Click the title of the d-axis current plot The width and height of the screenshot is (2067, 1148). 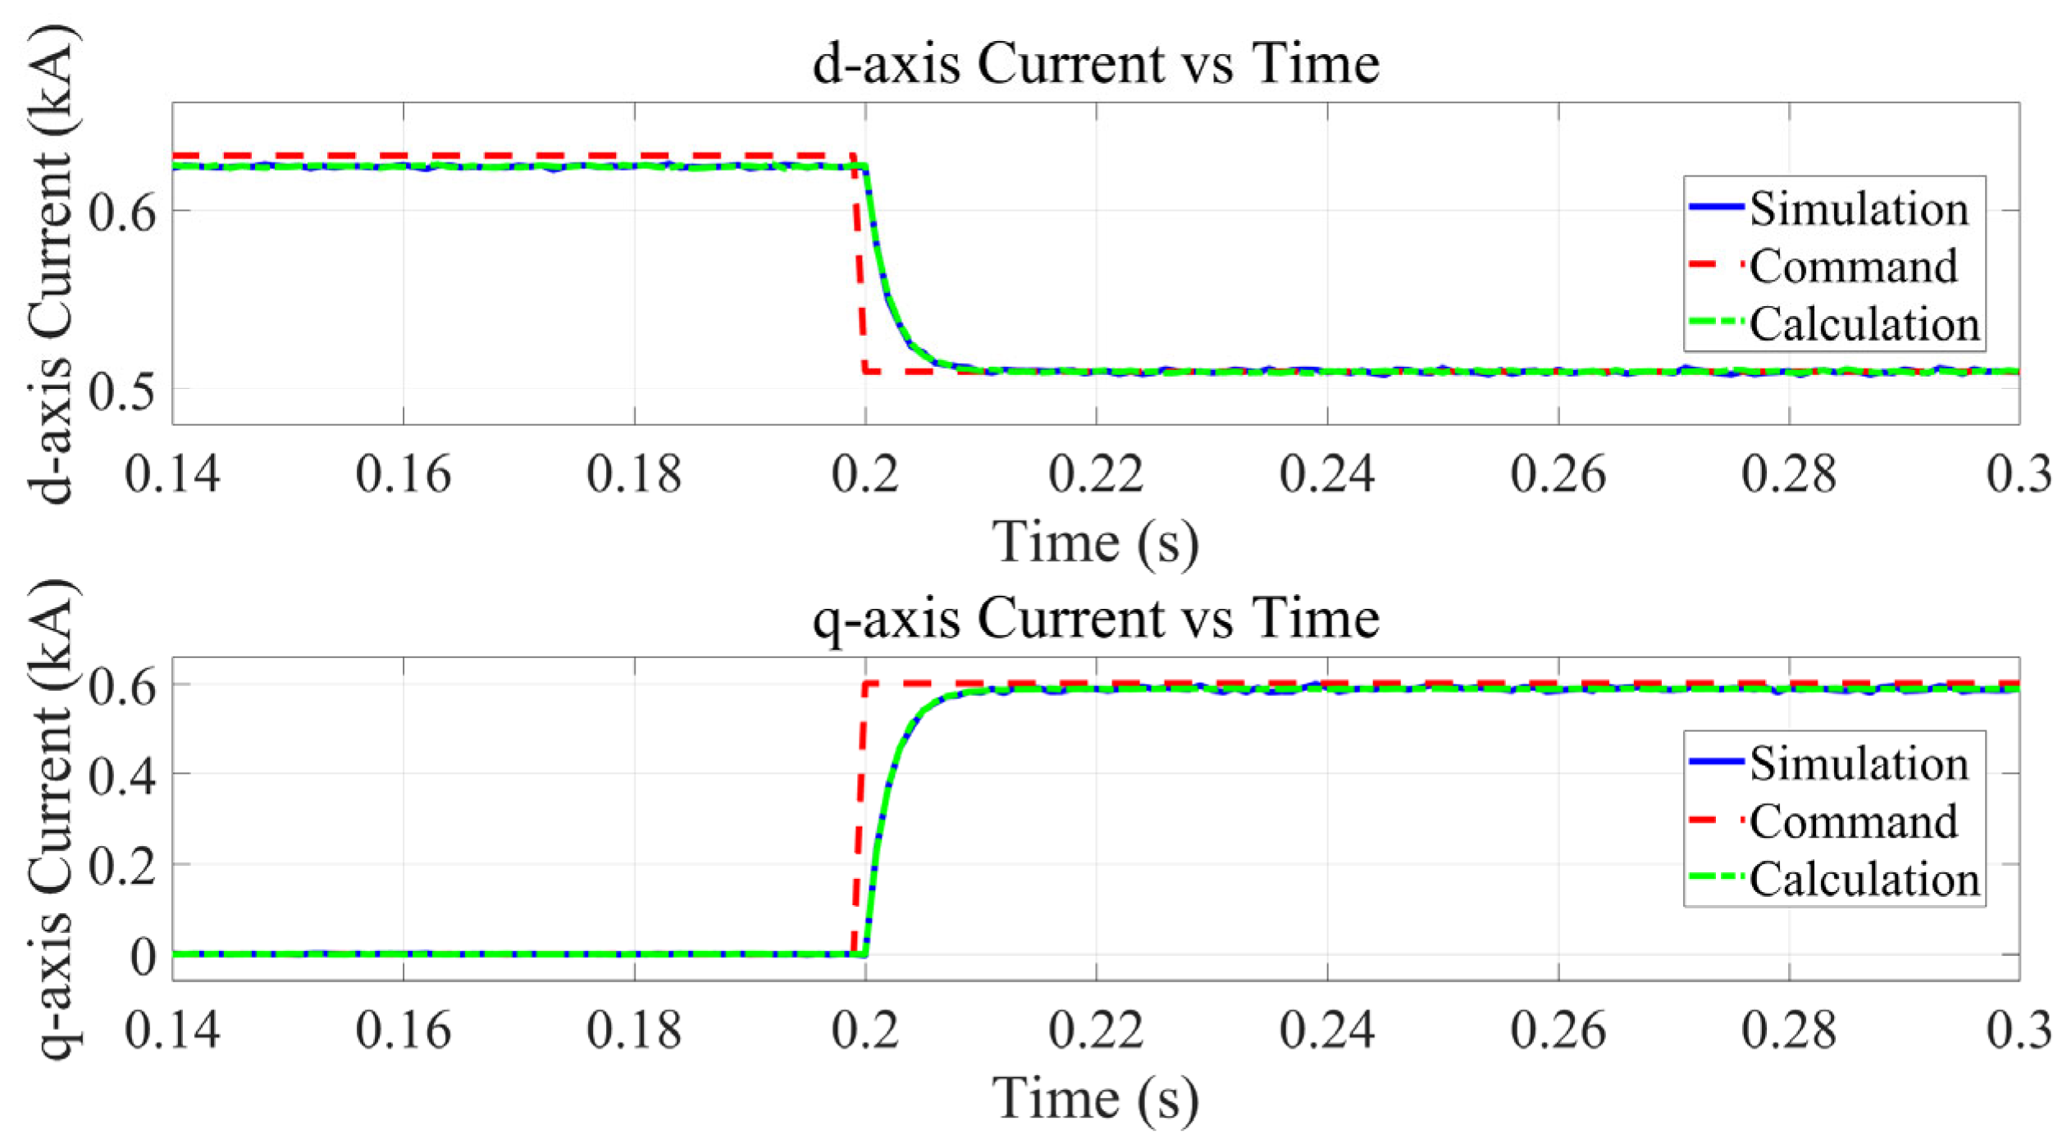pyautogui.click(x=1096, y=63)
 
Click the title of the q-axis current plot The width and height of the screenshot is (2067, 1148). pyautogui.click(x=1096, y=618)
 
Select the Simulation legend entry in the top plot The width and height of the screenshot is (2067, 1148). pyautogui.click(x=1858, y=208)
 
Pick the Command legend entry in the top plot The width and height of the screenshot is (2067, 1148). pyautogui.click(x=1852, y=266)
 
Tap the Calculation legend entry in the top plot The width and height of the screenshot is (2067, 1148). pyautogui.click(x=1864, y=323)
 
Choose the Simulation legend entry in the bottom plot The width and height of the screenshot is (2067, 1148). pyautogui.click(x=1858, y=764)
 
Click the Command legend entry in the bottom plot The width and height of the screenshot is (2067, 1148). pyautogui.click(x=1852, y=821)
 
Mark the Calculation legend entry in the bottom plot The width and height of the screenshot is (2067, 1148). pyautogui.click(x=1864, y=879)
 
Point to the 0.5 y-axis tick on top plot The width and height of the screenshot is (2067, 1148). pyautogui.click(x=121, y=391)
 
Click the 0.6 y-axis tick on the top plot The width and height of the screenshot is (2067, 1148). pyautogui.click(x=121, y=213)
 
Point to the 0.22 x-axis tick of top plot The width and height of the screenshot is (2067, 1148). pyautogui.click(x=1096, y=474)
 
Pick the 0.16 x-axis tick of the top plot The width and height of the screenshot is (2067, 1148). pyautogui.click(x=403, y=474)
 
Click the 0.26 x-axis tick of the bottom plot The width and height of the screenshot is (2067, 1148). pyautogui.click(x=1558, y=1030)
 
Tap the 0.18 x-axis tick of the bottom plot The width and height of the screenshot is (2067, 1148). pyautogui.click(x=634, y=1030)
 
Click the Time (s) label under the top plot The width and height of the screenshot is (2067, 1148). pyautogui.click(x=1096, y=542)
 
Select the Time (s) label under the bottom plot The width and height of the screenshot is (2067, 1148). pyautogui.click(x=1096, y=1098)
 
